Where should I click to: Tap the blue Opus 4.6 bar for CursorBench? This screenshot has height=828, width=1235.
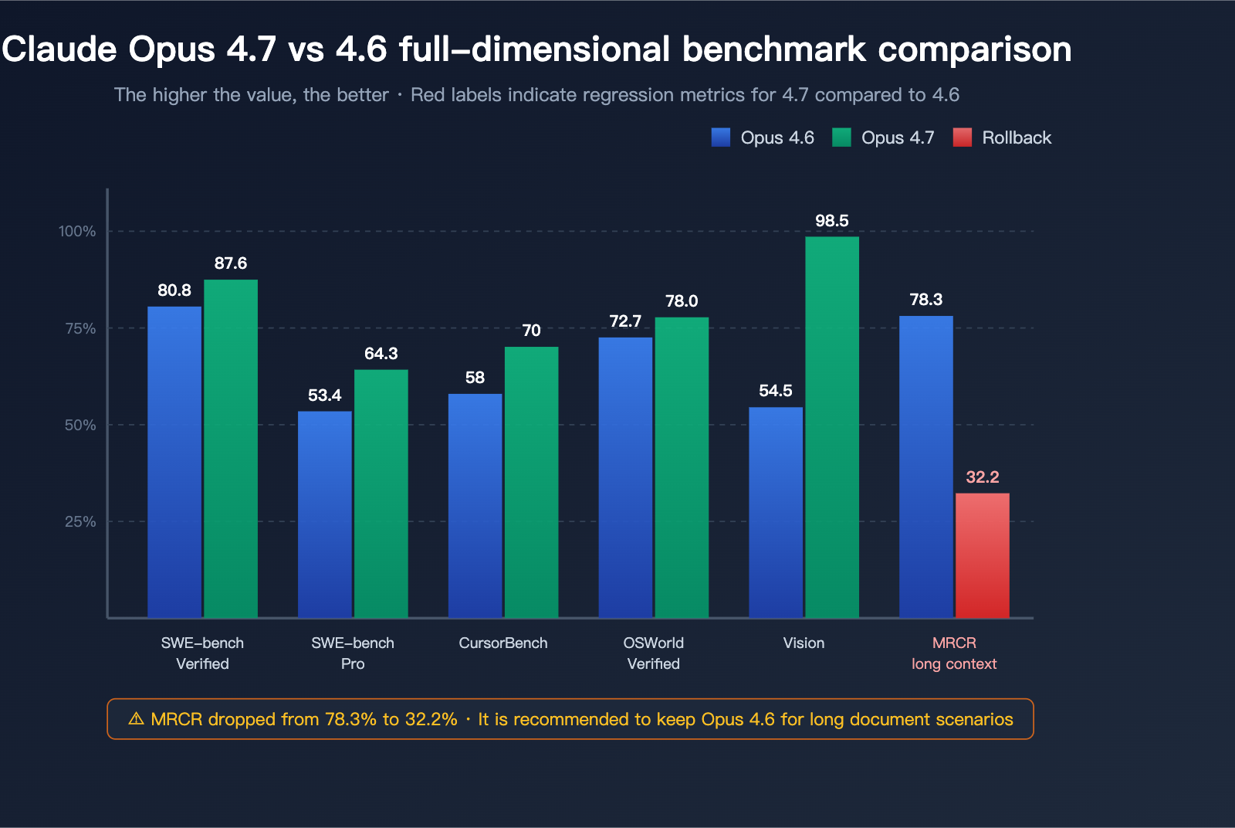[x=475, y=505]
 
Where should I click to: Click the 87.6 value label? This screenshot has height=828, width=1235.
[x=231, y=263]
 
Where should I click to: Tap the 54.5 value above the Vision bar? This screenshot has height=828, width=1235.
[x=775, y=391]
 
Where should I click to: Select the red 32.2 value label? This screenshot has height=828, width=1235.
[x=982, y=477]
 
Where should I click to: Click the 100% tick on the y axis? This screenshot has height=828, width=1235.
[x=77, y=232]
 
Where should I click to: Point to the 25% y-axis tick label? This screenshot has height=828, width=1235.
[x=80, y=522]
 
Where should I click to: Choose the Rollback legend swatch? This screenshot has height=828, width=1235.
[x=963, y=137]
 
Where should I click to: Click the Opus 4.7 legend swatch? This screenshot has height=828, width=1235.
[x=841, y=137]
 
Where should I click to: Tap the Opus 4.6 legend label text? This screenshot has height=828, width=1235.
[x=777, y=137]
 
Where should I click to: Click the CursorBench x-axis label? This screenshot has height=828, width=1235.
[x=502, y=643]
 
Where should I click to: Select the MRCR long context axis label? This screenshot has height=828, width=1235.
[x=954, y=653]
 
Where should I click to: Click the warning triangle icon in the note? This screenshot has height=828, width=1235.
[x=136, y=719]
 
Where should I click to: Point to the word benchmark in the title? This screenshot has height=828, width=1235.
[x=774, y=49]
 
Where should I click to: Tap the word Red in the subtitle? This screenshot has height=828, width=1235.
[x=428, y=95]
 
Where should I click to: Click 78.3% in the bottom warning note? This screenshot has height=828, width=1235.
[x=351, y=720]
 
